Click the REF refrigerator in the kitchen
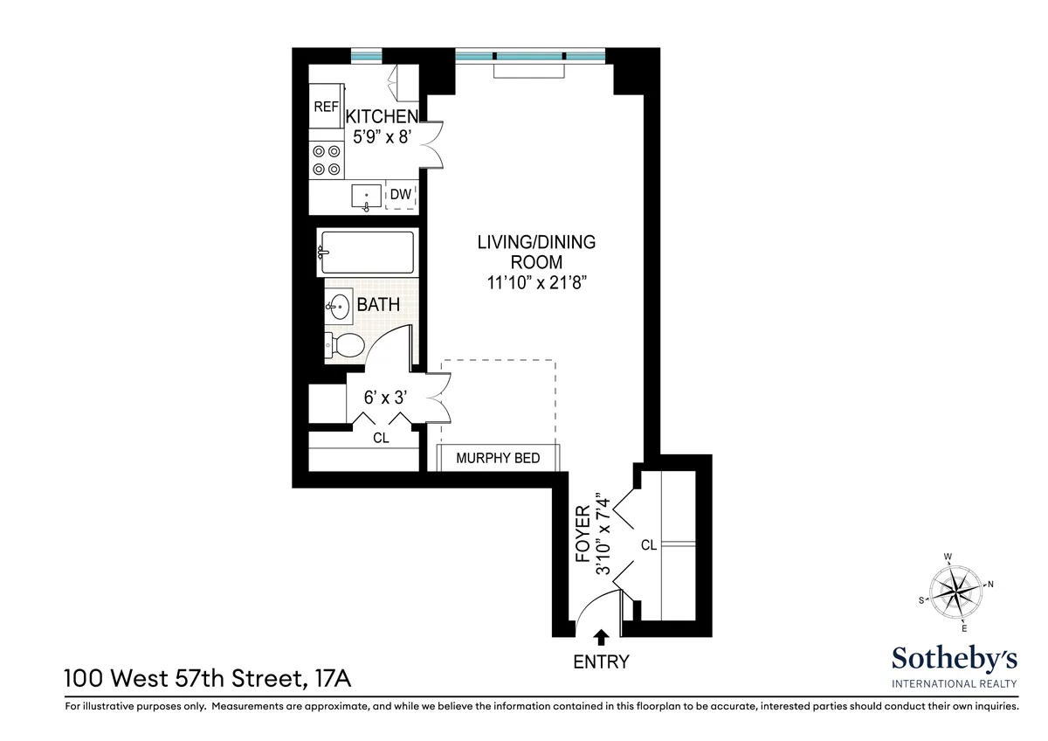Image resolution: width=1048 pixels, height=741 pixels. click(326, 108)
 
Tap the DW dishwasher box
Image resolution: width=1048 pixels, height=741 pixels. click(401, 196)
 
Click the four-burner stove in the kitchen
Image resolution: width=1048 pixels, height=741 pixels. click(326, 160)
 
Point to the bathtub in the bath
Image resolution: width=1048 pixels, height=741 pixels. click(365, 253)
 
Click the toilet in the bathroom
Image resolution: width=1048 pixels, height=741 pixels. click(345, 344)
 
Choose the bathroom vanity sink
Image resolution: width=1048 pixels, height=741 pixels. click(339, 305)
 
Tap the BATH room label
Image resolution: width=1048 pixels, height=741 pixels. click(378, 306)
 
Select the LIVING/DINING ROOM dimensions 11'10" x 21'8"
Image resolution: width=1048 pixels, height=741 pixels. click(536, 282)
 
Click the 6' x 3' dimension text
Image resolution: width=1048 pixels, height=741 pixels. click(385, 398)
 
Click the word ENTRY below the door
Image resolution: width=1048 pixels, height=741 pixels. click(601, 661)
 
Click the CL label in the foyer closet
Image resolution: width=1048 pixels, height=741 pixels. click(648, 545)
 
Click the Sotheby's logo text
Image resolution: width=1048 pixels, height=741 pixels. click(954, 659)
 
